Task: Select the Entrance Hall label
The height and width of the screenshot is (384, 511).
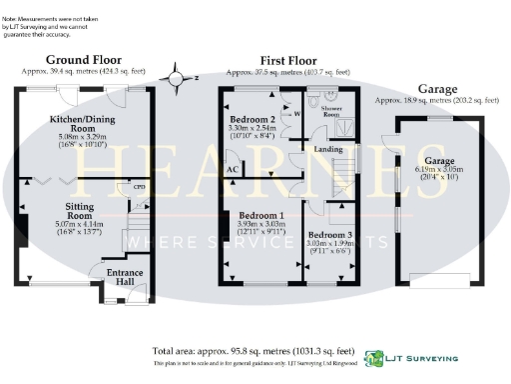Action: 125,277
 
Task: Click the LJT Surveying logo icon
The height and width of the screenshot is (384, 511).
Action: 373,357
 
